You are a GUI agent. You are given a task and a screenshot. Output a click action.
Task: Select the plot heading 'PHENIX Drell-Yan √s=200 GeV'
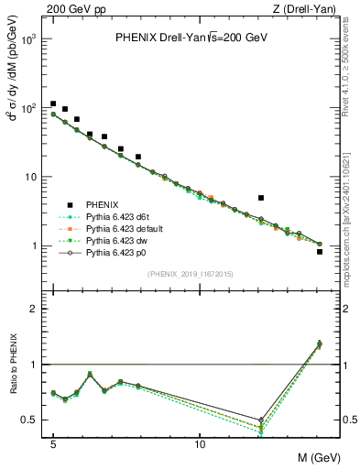point(191,38)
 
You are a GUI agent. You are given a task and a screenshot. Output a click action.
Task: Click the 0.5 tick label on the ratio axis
point(31,420)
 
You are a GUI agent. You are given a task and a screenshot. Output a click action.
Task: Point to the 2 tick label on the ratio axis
point(35,309)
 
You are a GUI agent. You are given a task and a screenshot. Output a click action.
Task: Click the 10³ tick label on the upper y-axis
point(31,40)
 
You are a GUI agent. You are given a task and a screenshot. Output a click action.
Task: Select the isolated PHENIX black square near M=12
point(261,197)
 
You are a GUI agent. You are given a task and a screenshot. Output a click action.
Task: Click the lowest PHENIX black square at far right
point(319,251)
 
